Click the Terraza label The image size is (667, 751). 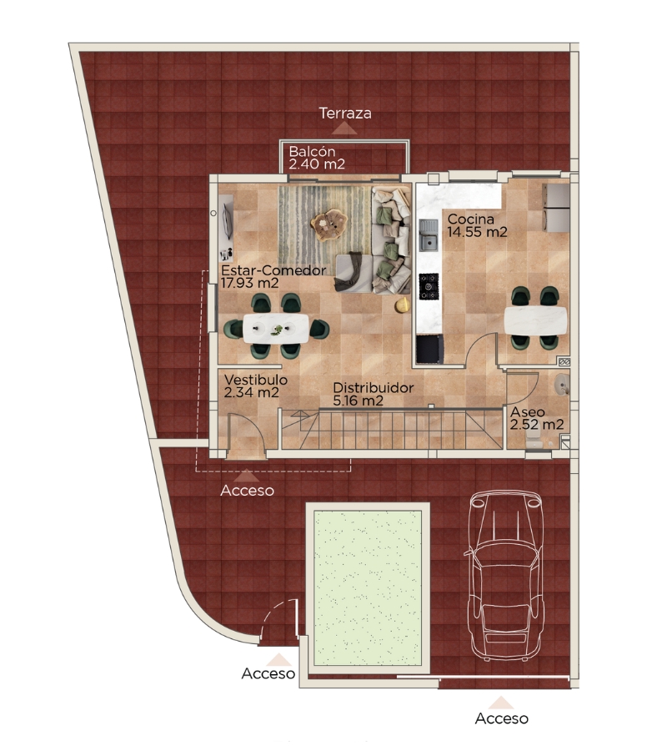pyautogui.click(x=345, y=113)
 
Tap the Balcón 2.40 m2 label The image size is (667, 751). pyautogui.click(x=317, y=158)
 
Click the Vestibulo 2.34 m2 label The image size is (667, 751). pyautogui.click(x=255, y=386)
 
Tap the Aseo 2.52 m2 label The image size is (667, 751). pyautogui.click(x=536, y=418)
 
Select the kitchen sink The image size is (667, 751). pyautogui.click(x=429, y=235)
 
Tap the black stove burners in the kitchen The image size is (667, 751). pyautogui.click(x=429, y=286)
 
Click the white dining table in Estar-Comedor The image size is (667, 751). pyautogui.click(x=276, y=328)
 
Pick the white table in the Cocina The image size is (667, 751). pyautogui.click(x=535, y=320)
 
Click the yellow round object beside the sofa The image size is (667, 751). pyautogui.click(x=403, y=304)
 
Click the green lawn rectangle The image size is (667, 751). pyautogui.click(x=367, y=587)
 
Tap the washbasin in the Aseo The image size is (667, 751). pyautogui.click(x=562, y=385)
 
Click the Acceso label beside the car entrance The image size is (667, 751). pyautogui.click(x=501, y=718)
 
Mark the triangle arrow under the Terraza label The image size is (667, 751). pyautogui.click(x=344, y=128)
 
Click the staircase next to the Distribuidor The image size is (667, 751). pyautogui.click(x=391, y=429)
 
